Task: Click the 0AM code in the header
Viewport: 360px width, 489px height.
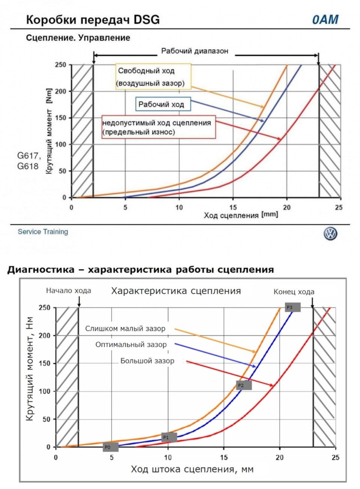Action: click(x=325, y=19)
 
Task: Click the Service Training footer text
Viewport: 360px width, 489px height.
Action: click(x=43, y=232)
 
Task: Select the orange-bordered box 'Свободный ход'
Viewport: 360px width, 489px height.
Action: click(x=153, y=76)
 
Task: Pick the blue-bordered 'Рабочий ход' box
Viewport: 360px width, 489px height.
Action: click(x=163, y=104)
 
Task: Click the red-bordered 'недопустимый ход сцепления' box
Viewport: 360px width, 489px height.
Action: click(x=159, y=127)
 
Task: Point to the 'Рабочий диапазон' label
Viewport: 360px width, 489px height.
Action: click(x=195, y=51)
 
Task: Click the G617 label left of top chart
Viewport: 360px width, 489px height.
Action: click(x=29, y=156)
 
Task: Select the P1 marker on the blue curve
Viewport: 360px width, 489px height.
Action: click(x=169, y=437)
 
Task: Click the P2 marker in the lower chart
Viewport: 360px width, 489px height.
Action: click(x=244, y=385)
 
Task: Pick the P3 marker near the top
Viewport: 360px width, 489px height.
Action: click(x=292, y=307)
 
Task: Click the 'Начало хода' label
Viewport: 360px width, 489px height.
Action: click(x=69, y=290)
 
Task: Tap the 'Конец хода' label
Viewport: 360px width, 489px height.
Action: click(x=294, y=292)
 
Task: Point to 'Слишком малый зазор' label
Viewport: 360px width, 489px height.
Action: click(x=125, y=329)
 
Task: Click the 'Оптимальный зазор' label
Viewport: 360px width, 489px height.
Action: click(x=131, y=345)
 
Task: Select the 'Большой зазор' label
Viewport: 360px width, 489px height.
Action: click(x=147, y=361)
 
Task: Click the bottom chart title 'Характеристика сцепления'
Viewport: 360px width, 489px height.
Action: click(x=176, y=291)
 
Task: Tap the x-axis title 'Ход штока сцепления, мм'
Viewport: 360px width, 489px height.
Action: click(x=192, y=469)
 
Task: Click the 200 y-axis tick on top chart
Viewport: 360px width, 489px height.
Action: click(x=61, y=91)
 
